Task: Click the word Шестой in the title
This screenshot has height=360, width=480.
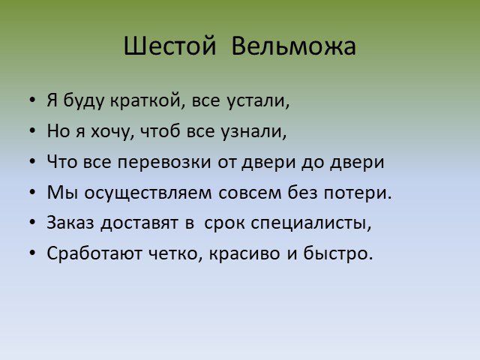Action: pyautogui.click(x=170, y=46)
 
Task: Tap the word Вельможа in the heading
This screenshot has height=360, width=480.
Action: pyautogui.click(x=293, y=46)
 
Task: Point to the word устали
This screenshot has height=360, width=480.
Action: pyautogui.click(x=258, y=101)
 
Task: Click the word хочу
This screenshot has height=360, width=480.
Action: pyautogui.click(x=112, y=132)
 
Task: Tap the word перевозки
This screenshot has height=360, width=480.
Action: pyautogui.click(x=164, y=163)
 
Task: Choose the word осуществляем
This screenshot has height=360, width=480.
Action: pyautogui.click(x=148, y=193)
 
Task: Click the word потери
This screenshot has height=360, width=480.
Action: pyautogui.click(x=357, y=193)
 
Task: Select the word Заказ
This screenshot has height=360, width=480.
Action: pyautogui.click(x=70, y=223)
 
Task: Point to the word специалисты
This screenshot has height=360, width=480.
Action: pyautogui.click(x=311, y=223)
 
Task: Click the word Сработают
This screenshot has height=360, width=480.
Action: pyautogui.click(x=94, y=253)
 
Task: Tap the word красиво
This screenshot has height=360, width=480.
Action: pyautogui.click(x=244, y=254)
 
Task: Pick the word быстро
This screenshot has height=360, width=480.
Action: pyautogui.click(x=338, y=253)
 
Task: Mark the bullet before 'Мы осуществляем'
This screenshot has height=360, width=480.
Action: pyautogui.click(x=32, y=192)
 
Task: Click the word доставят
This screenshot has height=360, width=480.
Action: pyautogui.click(x=139, y=223)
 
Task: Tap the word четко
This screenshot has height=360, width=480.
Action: pyautogui.click(x=175, y=254)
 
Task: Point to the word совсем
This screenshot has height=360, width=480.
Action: pyautogui.click(x=250, y=193)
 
